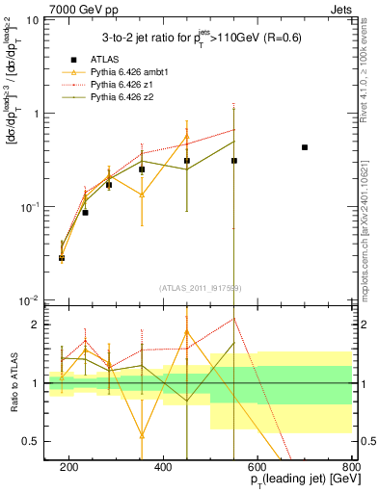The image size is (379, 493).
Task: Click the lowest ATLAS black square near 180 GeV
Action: click(x=62, y=258)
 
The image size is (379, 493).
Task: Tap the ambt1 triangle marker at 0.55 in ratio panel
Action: click(x=142, y=435)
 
